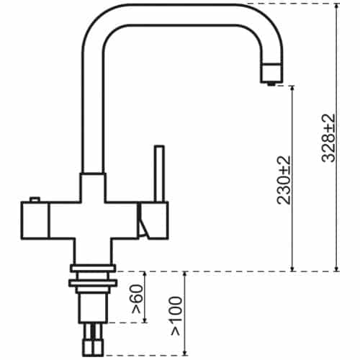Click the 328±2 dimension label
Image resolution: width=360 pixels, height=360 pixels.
[328, 138]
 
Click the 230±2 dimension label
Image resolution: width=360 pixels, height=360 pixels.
[284, 180]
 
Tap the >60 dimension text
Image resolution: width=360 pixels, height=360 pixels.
[138, 299]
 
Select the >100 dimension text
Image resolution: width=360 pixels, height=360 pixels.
[176, 316]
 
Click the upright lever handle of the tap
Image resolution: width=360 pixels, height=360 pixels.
[159, 174]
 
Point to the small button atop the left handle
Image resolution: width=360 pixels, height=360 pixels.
[35, 199]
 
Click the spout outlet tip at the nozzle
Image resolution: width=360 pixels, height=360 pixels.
[271, 84]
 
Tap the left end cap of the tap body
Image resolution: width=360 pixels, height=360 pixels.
[35, 220]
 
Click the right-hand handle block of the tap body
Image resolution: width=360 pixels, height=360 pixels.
[153, 220]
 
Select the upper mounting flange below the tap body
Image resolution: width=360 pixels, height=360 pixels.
[93, 268]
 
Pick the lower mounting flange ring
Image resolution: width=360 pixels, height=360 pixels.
[93, 283]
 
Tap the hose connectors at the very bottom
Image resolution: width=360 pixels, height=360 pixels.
[93, 339]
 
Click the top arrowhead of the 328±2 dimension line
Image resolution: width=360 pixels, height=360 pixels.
[337, 6]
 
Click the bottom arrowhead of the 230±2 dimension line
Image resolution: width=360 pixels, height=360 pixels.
[292, 269]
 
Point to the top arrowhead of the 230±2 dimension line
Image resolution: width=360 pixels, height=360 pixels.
[292, 89]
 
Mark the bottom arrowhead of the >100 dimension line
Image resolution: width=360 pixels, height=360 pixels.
[184, 352]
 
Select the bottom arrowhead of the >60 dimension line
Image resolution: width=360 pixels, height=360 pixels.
[145, 320]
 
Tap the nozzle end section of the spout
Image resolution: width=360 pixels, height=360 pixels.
[272, 73]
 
